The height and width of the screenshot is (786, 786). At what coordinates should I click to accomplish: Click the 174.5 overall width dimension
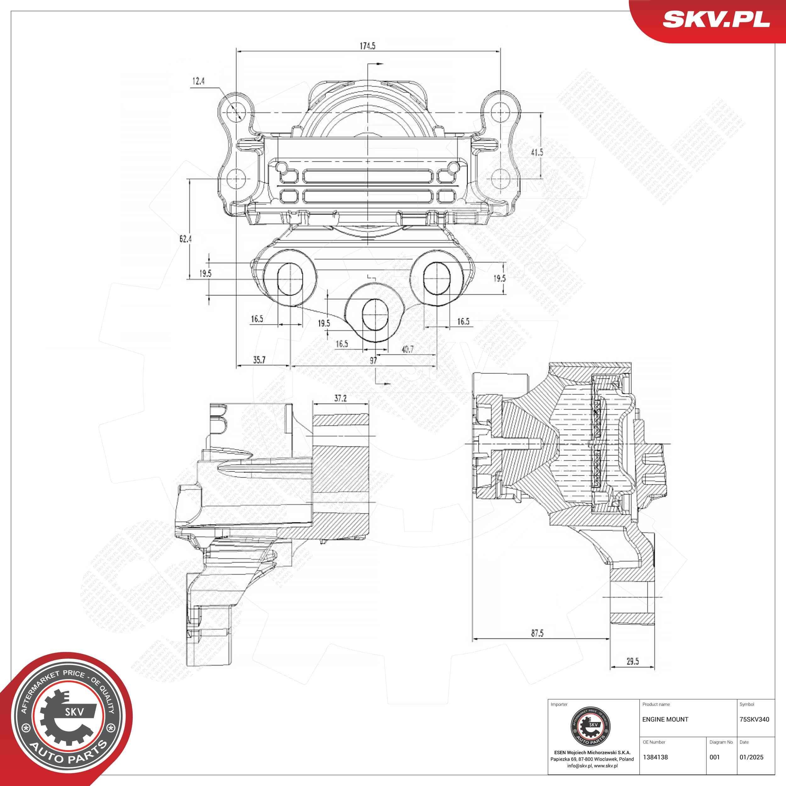[367, 46]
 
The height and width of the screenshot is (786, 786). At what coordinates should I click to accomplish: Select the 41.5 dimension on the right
[537, 152]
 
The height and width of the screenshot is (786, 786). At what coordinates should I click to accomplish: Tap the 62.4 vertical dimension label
[185, 239]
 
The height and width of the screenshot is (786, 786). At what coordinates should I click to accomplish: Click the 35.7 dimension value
[259, 360]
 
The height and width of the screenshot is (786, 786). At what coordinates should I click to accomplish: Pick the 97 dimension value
[373, 360]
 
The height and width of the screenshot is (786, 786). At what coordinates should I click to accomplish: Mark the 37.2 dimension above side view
[340, 398]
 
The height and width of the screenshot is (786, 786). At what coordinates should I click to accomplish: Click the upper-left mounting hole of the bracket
[237, 111]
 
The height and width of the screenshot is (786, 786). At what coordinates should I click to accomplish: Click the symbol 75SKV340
[754, 719]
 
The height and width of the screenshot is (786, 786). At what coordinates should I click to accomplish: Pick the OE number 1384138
[655, 757]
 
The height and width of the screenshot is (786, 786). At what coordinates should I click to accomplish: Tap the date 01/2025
[751, 757]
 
